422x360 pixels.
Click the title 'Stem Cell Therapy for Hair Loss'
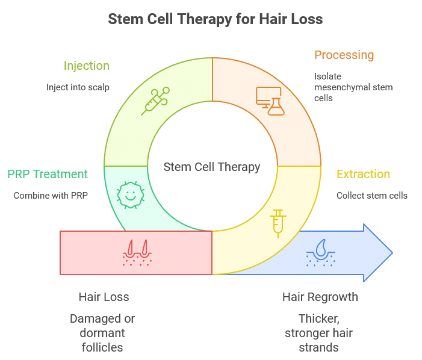[215, 19]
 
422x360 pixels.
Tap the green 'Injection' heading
[87, 66]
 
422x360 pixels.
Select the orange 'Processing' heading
[344, 55]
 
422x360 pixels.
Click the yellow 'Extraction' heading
[363, 175]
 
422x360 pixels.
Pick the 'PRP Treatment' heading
[48, 175]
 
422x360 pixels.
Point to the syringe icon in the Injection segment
[155, 100]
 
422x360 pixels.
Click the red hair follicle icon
[137, 253]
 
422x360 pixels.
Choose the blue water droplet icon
[320, 253]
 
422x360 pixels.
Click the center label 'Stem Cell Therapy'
[212, 167]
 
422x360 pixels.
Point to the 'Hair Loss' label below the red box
[104, 297]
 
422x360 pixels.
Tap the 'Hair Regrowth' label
[320, 297]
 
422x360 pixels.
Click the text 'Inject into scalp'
[78, 87]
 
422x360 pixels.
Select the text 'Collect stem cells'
[372, 196]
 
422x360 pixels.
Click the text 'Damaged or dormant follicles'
[102, 333]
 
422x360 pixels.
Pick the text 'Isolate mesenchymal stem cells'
[353, 87]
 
